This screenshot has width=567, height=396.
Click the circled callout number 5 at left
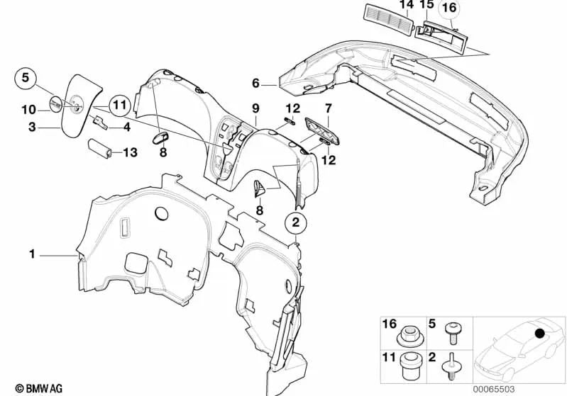tap(25, 79)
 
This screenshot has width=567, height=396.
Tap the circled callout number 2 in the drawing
tap(297, 223)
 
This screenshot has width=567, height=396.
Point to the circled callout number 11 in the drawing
tap(119, 106)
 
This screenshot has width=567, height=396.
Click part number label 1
tap(31, 253)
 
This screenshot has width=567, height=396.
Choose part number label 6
tap(255, 84)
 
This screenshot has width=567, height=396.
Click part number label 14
tap(406, 5)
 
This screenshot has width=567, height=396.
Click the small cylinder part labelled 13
tap(99, 148)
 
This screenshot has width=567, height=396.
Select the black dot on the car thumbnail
tap(540, 333)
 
